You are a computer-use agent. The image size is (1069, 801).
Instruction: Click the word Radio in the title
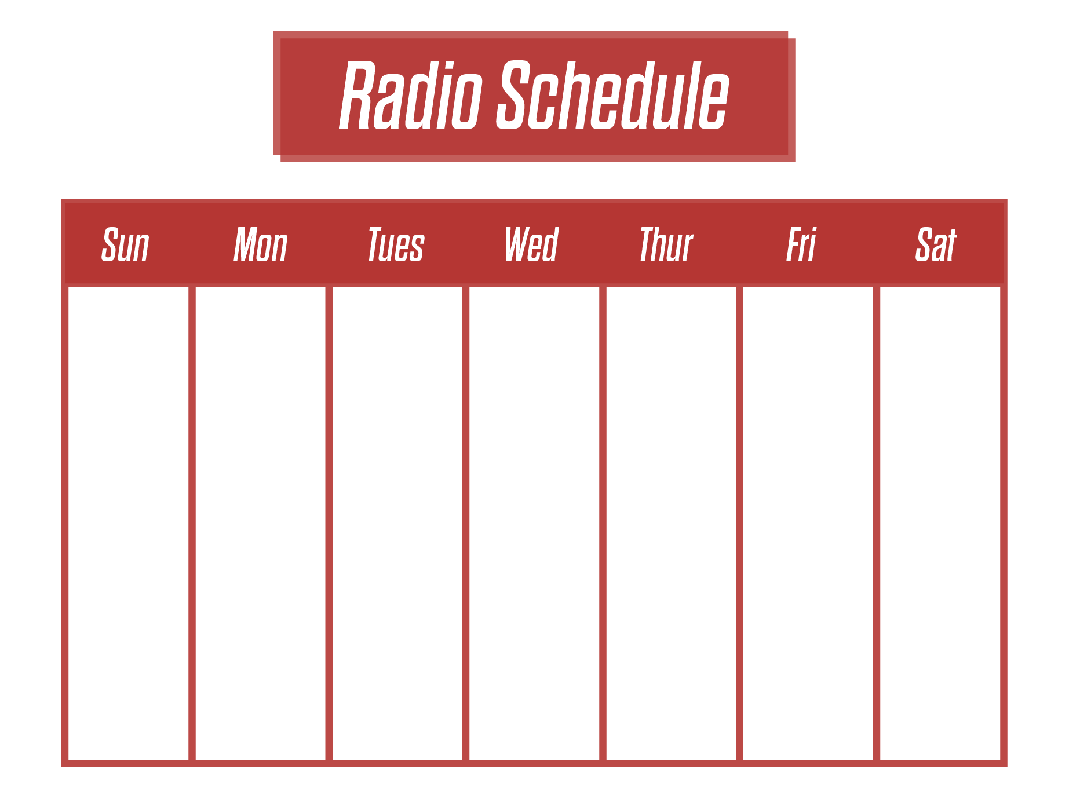coord(411,95)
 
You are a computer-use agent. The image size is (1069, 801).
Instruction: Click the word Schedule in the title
coord(613,95)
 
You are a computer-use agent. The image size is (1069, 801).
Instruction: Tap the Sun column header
coord(125,245)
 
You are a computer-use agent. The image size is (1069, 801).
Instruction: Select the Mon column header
coord(261,245)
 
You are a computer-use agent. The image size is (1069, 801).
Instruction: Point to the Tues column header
coord(396,245)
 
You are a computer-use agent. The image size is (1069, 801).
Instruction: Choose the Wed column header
coord(532,245)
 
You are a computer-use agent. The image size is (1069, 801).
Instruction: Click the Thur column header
coord(666,245)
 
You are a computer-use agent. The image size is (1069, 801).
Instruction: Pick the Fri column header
coord(801,245)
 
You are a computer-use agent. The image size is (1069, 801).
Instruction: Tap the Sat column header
coord(936,245)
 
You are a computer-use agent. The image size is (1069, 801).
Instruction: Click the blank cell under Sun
coord(128,523)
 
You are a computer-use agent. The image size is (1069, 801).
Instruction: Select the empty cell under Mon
coord(261,523)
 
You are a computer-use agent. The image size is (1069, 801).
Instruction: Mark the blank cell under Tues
coord(397,523)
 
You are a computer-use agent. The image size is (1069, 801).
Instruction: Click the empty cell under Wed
coord(534,523)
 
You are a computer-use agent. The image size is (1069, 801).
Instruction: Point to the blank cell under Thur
coord(672,523)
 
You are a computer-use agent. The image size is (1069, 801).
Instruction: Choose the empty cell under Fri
coord(808,523)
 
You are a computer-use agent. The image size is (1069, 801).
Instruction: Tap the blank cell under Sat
coord(940,523)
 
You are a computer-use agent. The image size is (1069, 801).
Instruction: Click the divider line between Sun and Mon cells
coord(192,523)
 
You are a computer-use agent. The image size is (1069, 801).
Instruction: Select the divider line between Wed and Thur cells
coord(603,523)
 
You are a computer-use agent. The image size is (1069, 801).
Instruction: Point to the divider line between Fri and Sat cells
coord(877,523)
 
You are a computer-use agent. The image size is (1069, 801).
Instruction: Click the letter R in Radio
coord(356,95)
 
